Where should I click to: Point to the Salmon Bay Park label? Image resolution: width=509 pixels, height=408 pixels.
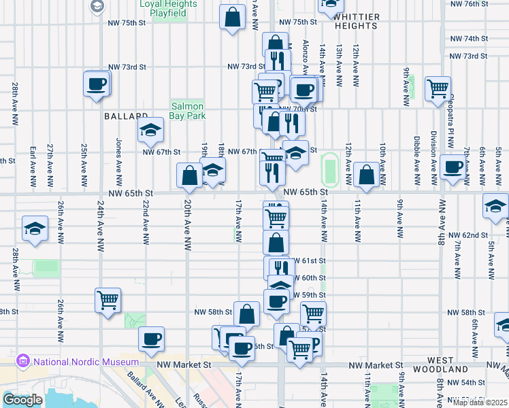188,111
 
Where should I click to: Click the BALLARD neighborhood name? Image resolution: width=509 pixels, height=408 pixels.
126,116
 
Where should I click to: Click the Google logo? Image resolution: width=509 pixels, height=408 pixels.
22,399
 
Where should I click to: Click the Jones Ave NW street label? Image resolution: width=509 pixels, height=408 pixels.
118,156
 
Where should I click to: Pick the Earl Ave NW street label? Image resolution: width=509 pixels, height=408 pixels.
33,165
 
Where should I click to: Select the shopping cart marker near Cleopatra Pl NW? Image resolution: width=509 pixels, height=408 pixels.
438,88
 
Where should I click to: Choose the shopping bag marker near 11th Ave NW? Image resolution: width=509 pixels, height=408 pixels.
367,174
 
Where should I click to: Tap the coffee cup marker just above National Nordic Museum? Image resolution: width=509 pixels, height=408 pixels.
151,339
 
